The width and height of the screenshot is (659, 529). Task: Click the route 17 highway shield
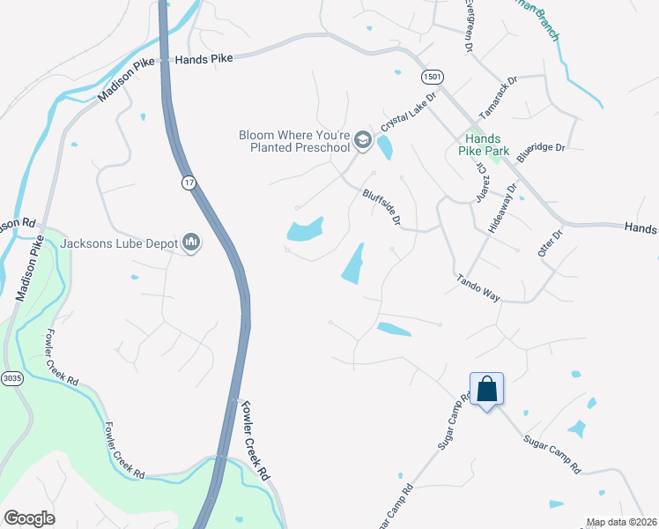coord(188,183)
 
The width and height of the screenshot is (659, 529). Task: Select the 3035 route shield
coord(11,378)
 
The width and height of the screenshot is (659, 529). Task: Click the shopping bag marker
coord(486,389)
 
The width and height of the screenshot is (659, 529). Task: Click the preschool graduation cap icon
coord(362,140)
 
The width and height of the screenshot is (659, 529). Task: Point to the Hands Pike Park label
coord(484,145)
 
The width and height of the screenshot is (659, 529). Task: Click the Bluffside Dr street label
coord(382,206)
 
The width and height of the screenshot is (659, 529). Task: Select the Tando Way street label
coord(478,288)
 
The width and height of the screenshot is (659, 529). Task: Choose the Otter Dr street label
coord(550,243)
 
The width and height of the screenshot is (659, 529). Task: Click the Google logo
coord(29,518)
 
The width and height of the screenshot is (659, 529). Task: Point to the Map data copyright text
coord(621,522)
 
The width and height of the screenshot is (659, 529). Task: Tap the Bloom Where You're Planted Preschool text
coord(294,141)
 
